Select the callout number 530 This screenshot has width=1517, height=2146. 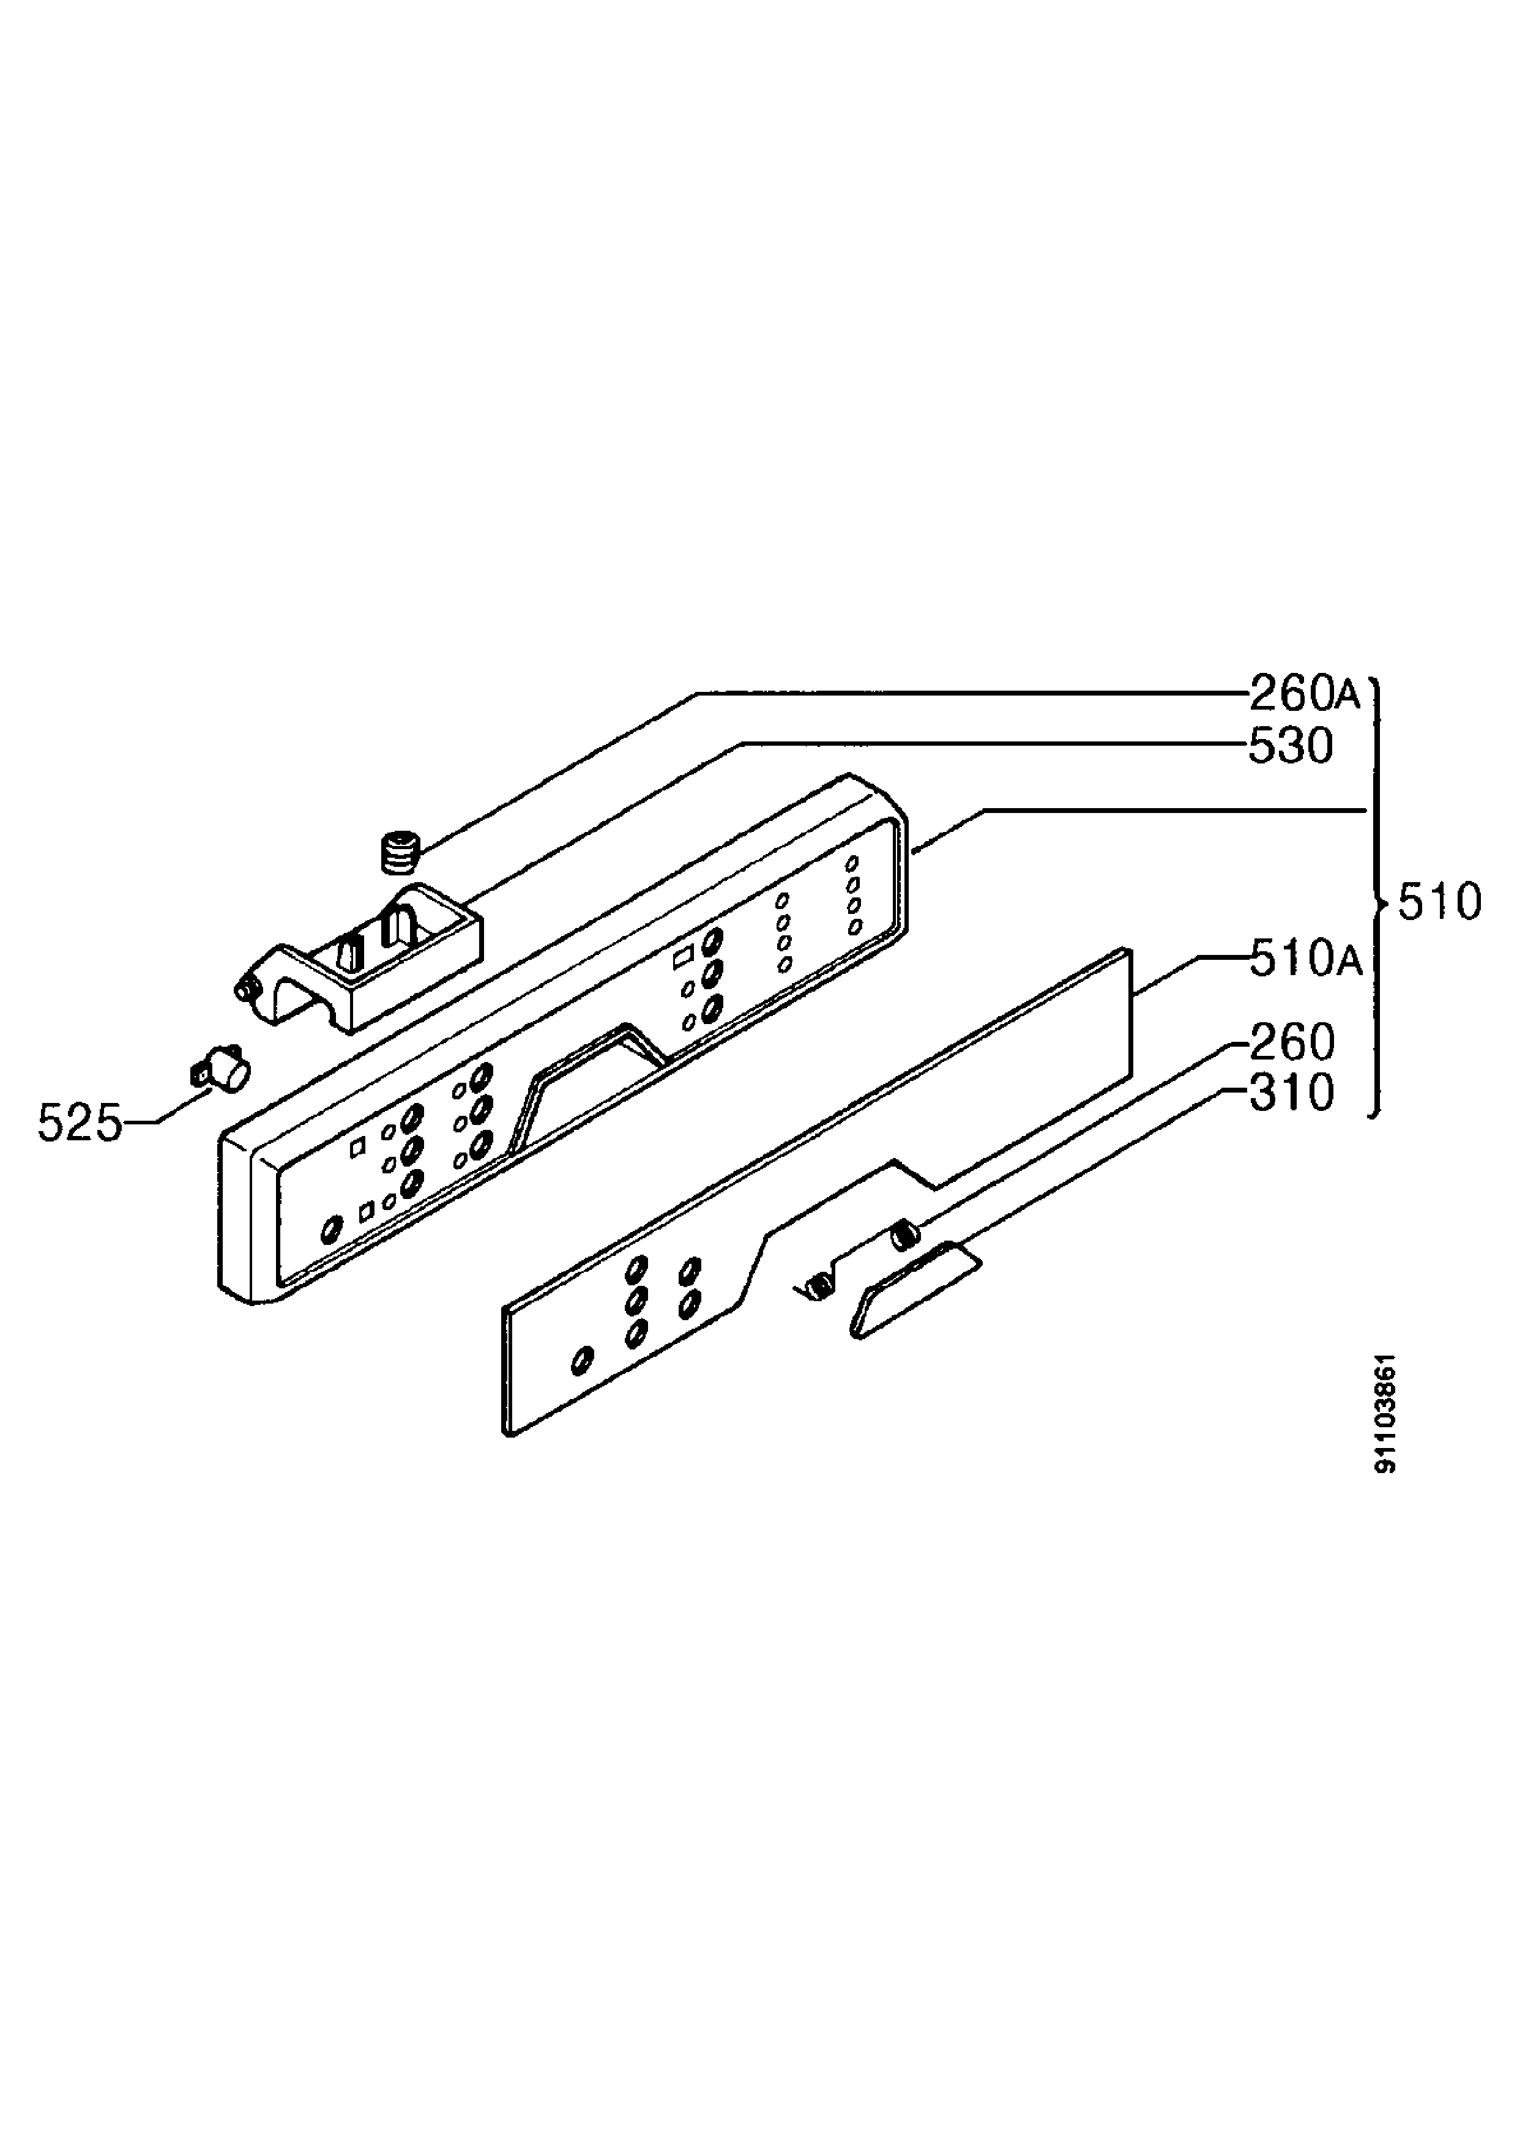tap(1291, 747)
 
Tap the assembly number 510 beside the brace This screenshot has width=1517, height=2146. tap(1439, 903)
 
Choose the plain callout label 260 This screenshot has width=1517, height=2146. tap(1292, 1043)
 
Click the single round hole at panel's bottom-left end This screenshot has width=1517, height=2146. tap(331, 1229)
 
